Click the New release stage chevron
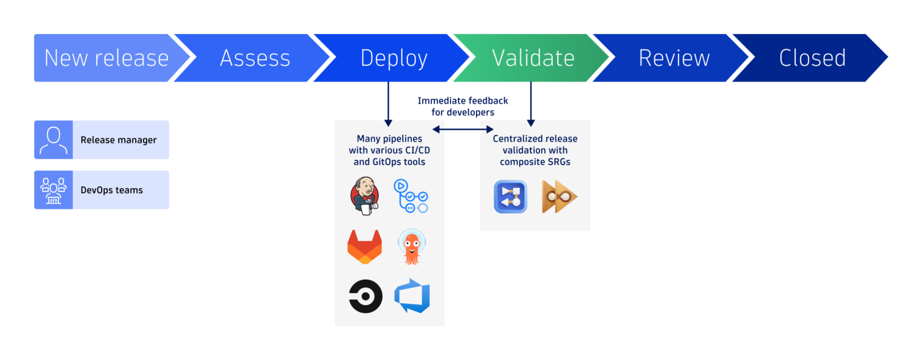pos(107,58)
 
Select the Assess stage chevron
pos(255,58)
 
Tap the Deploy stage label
pos(394,58)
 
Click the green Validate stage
pos(533,58)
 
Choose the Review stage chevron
pos(674,58)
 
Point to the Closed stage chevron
pos(812,58)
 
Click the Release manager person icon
pos(54,140)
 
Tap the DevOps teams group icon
pos(54,190)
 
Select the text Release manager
pos(118,140)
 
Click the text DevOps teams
pos(111,190)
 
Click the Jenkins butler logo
pos(365,196)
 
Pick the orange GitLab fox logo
pos(365,246)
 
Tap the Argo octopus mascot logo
pos(411,247)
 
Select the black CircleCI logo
pos(366,297)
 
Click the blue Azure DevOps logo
pos(412,296)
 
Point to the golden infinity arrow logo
pos(558,197)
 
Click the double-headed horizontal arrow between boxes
pos(463,129)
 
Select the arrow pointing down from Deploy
pos(388,104)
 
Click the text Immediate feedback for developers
pos(463,107)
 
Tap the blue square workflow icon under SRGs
pos(511,197)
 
